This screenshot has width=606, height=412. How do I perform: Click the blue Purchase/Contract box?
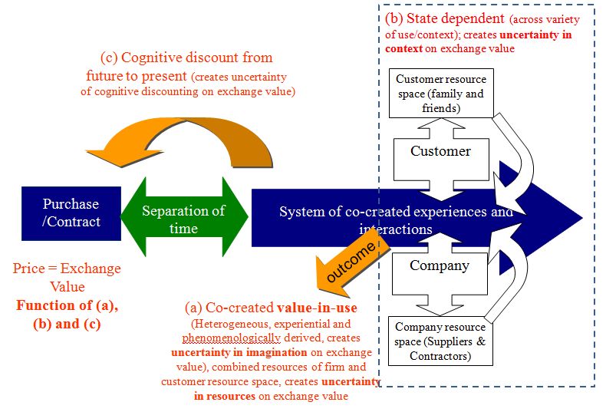pyautogui.click(x=71, y=213)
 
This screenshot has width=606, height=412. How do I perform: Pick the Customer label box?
pyautogui.click(x=440, y=151)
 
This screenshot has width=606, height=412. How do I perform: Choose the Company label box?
pyautogui.click(x=440, y=266)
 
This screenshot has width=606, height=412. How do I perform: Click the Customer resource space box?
pyautogui.click(x=440, y=94)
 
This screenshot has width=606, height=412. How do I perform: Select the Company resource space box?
pyautogui.click(x=440, y=341)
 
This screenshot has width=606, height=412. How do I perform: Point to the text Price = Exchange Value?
pyautogui.click(x=67, y=278)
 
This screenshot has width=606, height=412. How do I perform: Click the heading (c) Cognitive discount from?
pyautogui.click(x=186, y=58)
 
